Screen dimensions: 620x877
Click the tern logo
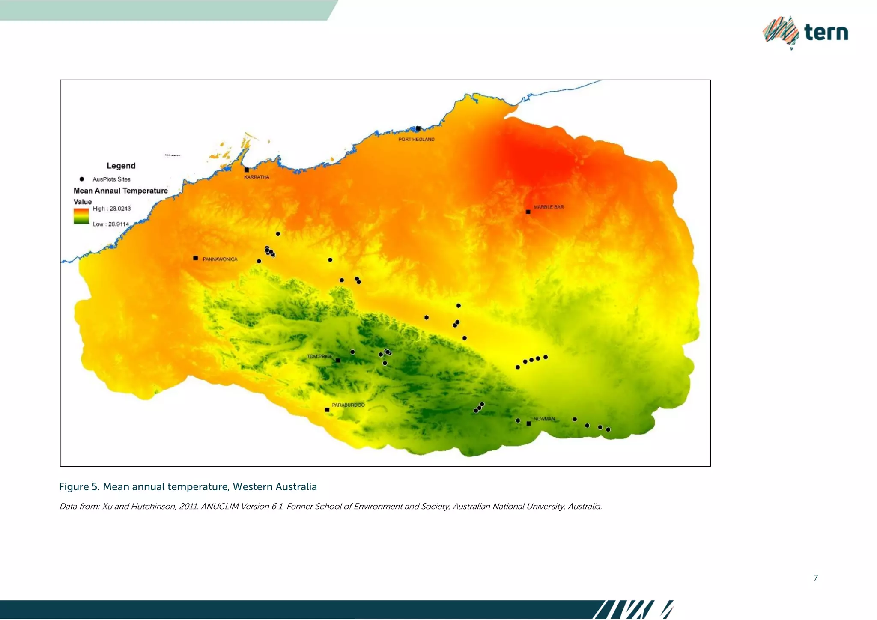(805, 33)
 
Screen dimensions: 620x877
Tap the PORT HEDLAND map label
(416, 140)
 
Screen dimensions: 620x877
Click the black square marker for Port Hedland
(418, 128)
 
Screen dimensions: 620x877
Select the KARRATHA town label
(257, 177)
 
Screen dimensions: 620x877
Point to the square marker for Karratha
(247, 170)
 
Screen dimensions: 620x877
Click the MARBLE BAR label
(549, 207)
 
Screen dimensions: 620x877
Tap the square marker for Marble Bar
(528, 212)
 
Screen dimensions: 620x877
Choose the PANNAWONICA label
(220, 259)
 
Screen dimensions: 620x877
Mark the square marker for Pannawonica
(196, 258)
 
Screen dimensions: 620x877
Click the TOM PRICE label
(319, 356)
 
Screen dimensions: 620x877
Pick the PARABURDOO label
(348, 405)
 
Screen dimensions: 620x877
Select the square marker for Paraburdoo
(327, 410)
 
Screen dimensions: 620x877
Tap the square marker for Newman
(529, 424)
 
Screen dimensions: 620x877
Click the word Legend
(121, 166)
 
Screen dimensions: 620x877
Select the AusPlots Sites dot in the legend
(82, 179)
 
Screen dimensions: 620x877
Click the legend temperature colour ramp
(81, 216)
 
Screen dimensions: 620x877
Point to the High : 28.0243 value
(112, 209)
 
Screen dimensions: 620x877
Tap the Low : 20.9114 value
(111, 224)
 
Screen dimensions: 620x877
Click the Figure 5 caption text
(188, 487)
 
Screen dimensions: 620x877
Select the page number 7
(815, 578)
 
